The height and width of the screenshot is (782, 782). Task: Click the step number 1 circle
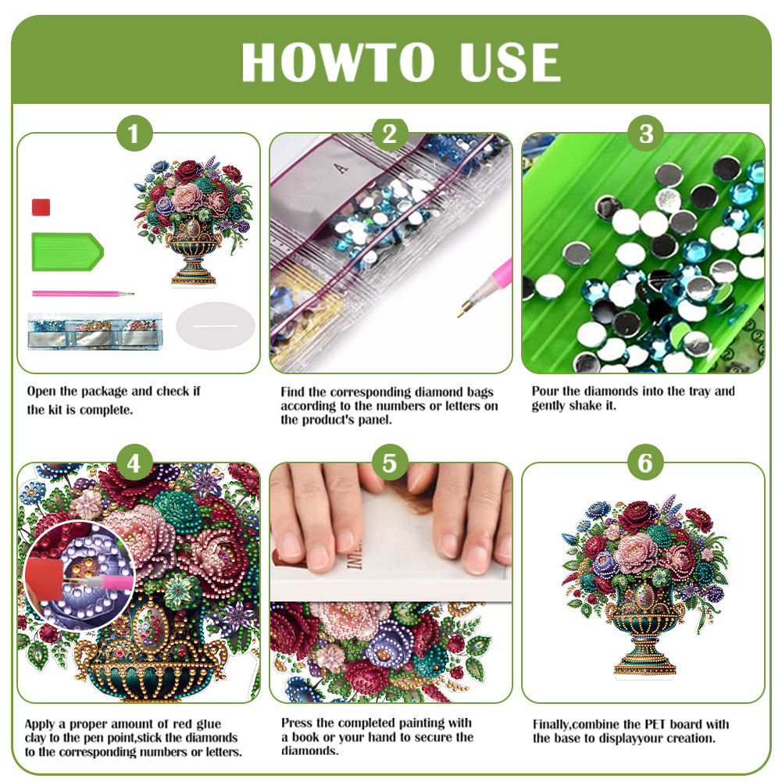click(x=134, y=134)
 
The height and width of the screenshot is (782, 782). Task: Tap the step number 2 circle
click(x=390, y=134)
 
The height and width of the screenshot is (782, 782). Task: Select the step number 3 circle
click(x=645, y=134)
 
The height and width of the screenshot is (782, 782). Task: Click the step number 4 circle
click(x=134, y=463)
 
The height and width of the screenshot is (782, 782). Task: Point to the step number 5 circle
click(x=390, y=463)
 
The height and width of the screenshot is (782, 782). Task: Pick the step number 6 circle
click(x=645, y=463)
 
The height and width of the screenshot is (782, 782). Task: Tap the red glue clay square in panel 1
click(x=41, y=207)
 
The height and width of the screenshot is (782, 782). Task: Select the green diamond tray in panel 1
click(x=66, y=251)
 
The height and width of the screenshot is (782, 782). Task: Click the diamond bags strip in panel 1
click(x=90, y=330)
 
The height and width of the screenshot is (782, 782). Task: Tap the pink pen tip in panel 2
click(x=462, y=310)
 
